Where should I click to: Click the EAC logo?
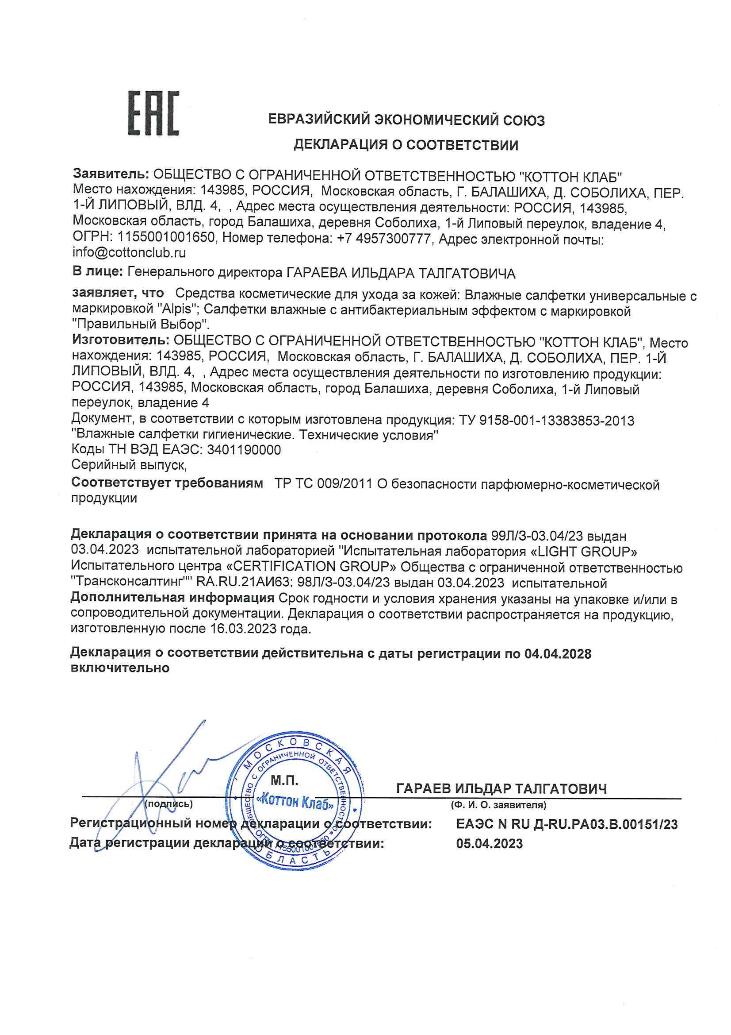(x=153, y=113)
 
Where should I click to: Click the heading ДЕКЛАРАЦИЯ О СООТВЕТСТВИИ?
(x=406, y=145)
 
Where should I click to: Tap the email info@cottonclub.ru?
(x=129, y=253)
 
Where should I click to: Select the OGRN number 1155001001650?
(x=166, y=238)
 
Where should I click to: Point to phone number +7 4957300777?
(x=384, y=239)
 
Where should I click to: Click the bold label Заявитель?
(x=111, y=174)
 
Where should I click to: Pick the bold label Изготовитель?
(x=121, y=340)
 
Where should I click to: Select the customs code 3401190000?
(x=244, y=450)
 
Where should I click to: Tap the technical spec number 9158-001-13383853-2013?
(x=556, y=421)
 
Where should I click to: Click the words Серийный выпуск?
(x=128, y=465)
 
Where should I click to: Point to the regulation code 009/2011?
(x=344, y=484)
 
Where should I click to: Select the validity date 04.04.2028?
(x=558, y=654)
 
